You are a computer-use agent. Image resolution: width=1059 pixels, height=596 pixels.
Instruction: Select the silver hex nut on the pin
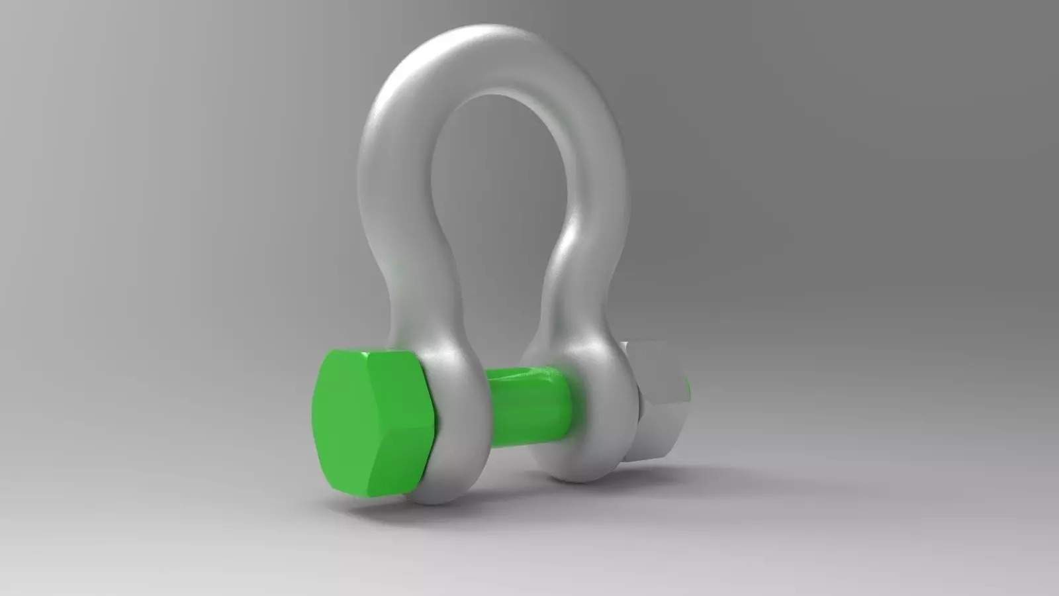659,401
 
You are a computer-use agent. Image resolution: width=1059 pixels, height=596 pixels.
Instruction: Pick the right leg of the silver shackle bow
596,199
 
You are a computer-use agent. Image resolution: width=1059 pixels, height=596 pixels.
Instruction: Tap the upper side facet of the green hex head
397,371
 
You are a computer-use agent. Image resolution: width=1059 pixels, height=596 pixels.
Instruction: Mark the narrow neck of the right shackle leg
569,291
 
